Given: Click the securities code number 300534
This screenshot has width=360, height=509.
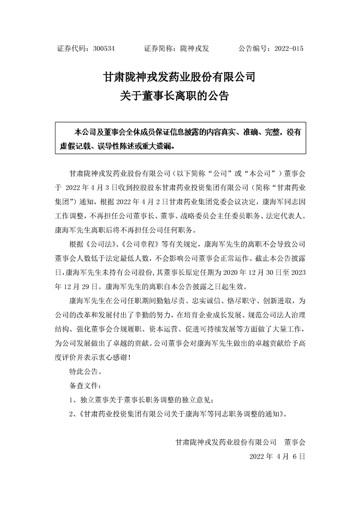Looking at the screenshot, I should [104, 49].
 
